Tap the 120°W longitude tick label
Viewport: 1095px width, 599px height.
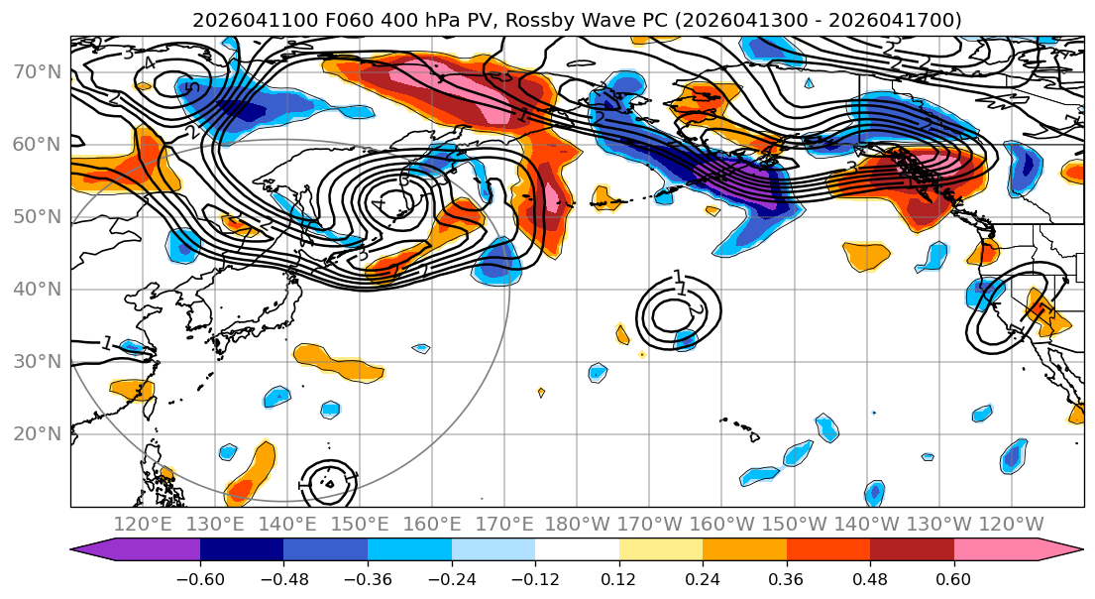(1011, 524)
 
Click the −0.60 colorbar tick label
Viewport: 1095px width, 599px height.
(200, 577)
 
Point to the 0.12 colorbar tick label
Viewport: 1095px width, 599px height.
(619, 577)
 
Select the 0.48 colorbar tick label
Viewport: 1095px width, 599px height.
(870, 577)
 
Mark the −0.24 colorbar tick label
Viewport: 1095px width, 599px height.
(451, 577)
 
